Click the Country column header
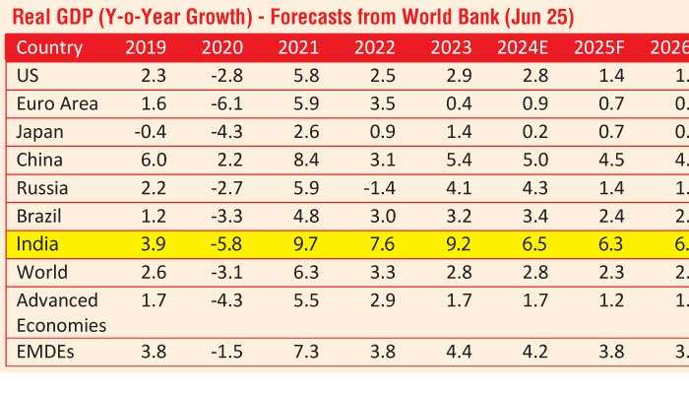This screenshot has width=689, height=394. tap(49, 48)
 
